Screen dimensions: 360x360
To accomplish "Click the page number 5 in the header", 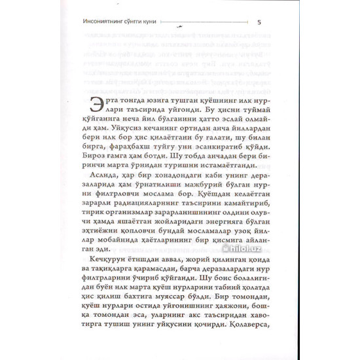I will pos(260,23).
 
